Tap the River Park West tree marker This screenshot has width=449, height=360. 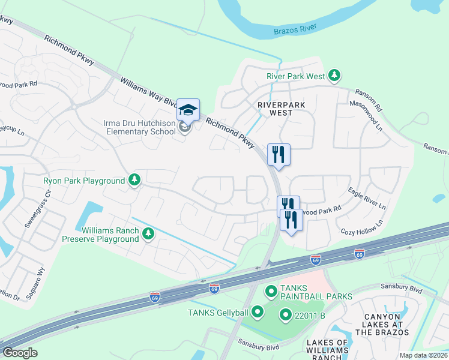coord(334,76)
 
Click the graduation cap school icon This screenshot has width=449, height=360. coord(188,109)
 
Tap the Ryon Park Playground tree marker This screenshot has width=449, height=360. coord(134,180)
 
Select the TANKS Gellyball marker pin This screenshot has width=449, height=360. coord(258,311)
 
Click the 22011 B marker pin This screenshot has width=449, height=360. coord(286,315)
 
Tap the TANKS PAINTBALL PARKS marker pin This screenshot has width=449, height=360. coord(271,292)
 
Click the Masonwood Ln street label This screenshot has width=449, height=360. coord(369,116)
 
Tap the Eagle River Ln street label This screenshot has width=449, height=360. coord(367,197)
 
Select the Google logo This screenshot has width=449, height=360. coord(20,352)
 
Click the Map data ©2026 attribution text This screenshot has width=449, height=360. coord(423,355)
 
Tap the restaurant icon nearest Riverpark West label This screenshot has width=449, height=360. coord(279,154)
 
